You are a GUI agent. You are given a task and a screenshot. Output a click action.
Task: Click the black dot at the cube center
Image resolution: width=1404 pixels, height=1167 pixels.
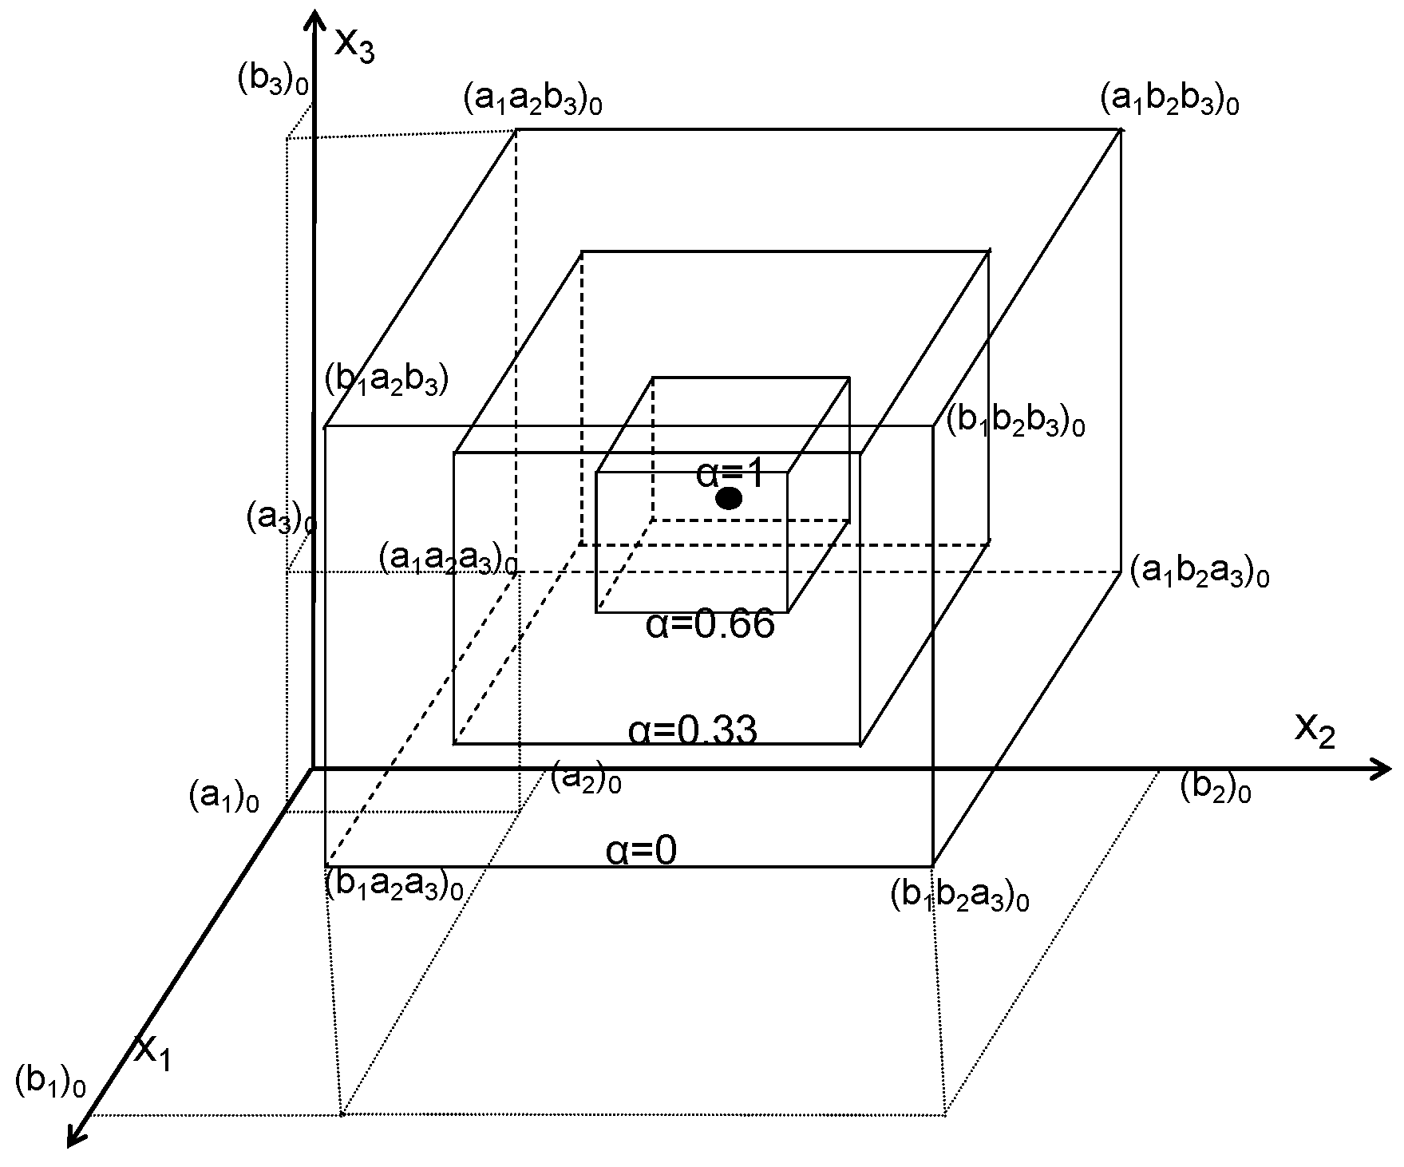pyautogui.click(x=729, y=499)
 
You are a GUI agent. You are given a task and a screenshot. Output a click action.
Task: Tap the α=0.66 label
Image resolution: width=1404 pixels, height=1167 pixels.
pyautogui.click(x=710, y=624)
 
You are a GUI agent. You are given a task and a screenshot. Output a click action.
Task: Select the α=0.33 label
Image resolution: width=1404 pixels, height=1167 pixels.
pyautogui.click(x=692, y=730)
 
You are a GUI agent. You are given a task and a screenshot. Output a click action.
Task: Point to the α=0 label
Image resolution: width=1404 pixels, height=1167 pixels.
pyautogui.click(x=641, y=851)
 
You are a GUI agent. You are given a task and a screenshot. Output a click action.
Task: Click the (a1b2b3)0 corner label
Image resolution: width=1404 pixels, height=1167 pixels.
pyautogui.click(x=1169, y=101)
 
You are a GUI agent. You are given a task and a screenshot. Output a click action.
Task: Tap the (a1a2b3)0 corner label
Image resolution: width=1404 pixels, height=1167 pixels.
pyautogui.click(x=532, y=101)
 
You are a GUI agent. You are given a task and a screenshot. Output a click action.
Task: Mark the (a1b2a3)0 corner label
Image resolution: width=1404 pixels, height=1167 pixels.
pyautogui.click(x=1200, y=573)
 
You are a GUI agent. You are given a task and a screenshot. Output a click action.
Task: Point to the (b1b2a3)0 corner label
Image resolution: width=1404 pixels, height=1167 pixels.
pyautogui.click(x=959, y=897)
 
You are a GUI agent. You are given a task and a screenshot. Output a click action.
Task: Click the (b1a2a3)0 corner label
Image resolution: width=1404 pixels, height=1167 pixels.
pyautogui.click(x=394, y=886)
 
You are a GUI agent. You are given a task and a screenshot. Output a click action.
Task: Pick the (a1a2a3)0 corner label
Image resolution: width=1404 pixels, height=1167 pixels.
pyautogui.click(x=448, y=560)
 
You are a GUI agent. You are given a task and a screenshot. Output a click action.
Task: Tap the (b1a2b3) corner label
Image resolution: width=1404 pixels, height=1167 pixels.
pyautogui.click(x=386, y=381)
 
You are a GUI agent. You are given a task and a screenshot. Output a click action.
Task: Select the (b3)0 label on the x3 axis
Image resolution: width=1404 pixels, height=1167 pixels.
pyautogui.click(x=273, y=79)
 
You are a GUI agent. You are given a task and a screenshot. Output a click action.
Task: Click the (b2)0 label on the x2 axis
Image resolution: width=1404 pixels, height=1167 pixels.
pyautogui.click(x=1215, y=788)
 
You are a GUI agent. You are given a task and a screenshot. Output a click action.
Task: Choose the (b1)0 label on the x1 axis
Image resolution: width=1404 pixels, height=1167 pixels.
pyautogui.click(x=49, y=1082)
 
